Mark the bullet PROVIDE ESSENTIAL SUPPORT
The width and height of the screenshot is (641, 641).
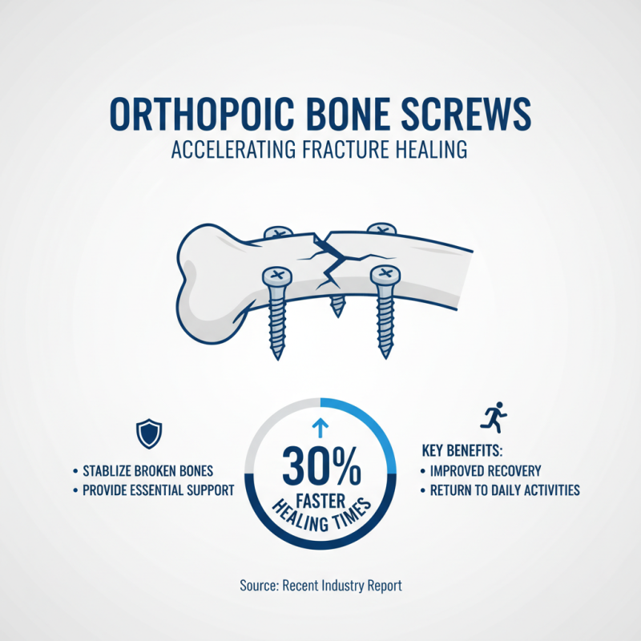pyautogui.click(x=151, y=490)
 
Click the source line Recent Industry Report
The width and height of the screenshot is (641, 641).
pyautogui.click(x=320, y=586)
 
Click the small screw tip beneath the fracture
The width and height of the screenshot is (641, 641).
pyautogui.click(x=337, y=303)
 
